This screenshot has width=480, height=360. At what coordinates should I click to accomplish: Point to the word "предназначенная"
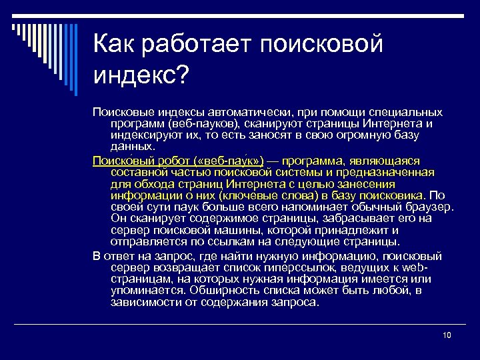point(387,172)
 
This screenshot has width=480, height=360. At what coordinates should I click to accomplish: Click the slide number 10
point(447,335)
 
